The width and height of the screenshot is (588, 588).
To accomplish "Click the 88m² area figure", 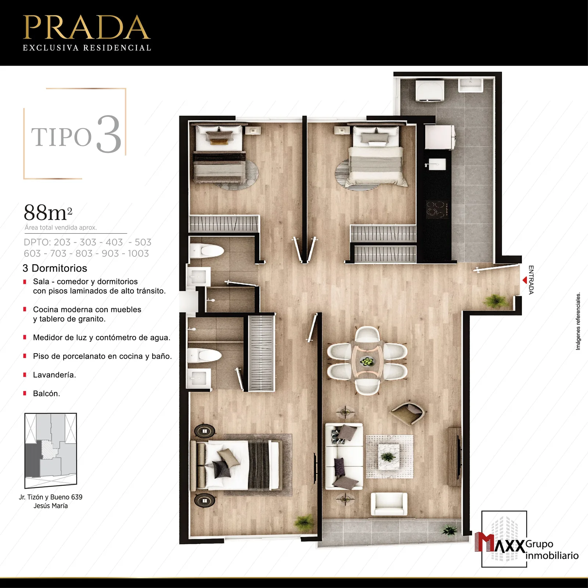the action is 48,212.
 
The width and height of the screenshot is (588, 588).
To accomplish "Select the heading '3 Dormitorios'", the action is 55,268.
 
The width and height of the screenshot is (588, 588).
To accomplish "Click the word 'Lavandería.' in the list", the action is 54,375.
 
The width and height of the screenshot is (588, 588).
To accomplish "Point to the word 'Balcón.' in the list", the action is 46,394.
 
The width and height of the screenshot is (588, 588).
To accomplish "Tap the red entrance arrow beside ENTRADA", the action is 525,280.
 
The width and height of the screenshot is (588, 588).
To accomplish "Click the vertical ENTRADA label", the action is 531,280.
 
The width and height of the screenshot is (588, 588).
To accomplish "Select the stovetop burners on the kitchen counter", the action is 437,209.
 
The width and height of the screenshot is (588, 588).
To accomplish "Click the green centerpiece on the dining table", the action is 367,362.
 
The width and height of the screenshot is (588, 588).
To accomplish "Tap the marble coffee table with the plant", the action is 389,456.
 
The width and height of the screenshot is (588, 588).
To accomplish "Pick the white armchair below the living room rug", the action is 389,504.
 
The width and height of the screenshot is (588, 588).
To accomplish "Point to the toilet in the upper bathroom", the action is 207,251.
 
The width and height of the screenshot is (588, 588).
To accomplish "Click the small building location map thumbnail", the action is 51,451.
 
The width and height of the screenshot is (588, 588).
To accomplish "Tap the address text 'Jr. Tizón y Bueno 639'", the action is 51,497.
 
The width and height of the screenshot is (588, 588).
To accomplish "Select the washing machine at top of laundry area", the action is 430,91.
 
